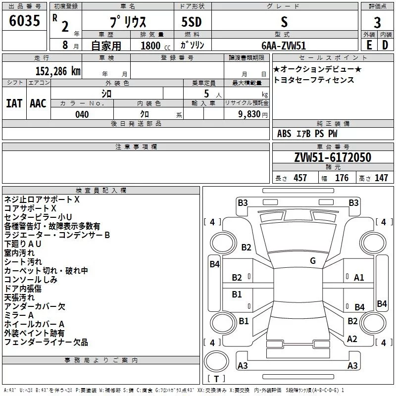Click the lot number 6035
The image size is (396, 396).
pyautogui.click(x=24, y=21)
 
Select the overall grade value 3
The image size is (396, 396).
pyautogui.click(x=377, y=23)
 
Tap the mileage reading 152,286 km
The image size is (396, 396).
pyautogui.click(x=58, y=71)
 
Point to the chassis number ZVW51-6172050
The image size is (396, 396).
pyautogui.click(x=333, y=157)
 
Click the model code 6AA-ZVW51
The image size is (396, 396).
pyautogui.click(x=284, y=46)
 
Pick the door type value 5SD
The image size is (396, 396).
pyautogui.click(x=192, y=22)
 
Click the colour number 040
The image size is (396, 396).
pyautogui.click(x=82, y=114)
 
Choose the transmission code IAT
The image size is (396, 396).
pyautogui.click(x=14, y=103)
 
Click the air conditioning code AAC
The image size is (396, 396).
pyautogui.click(x=38, y=103)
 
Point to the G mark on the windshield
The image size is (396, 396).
pyautogui.click(x=313, y=261)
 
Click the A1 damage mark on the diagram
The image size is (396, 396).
pyautogui.click(x=359, y=278)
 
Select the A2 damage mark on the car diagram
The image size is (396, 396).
pyautogui.click(x=352, y=339)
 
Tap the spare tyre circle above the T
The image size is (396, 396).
pyautogui.click(x=216, y=361)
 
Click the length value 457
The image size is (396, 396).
pyautogui.click(x=300, y=178)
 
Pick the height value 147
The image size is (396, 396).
pyautogui.click(x=381, y=178)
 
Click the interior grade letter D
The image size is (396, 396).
pyautogui.click(x=385, y=45)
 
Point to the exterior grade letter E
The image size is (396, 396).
pyautogui.click(x=369, y=45)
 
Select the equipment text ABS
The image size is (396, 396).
pyautogui.click(x=284, y=134)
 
